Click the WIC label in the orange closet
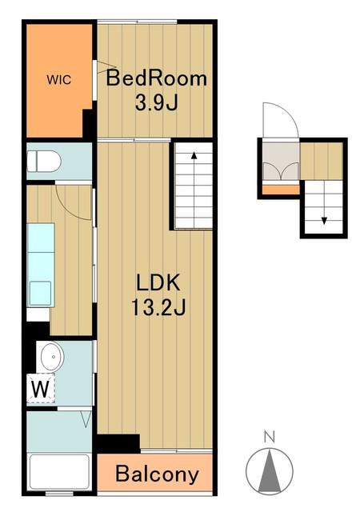click(x=59, y=80)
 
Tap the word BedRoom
click(x=157, y=78)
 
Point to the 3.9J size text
click(x=157, y=103)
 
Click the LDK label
click(x=158, y=282)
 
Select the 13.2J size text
click(x=158, y=307)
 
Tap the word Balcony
click(x=157, y=474)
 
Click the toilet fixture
click(x=44, y=161)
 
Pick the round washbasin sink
click(x=52, y=356)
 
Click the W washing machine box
click(x=41, y=389)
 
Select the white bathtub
click(x=59, y=471)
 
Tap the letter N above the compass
click(x=270, y=437)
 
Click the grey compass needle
click(x=270, y=471)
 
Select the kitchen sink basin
click(x=41, y=293)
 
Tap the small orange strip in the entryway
click(x=281, y=190)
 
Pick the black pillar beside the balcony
click(x=118, y=443)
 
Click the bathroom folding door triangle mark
click(x=86, y=419)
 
